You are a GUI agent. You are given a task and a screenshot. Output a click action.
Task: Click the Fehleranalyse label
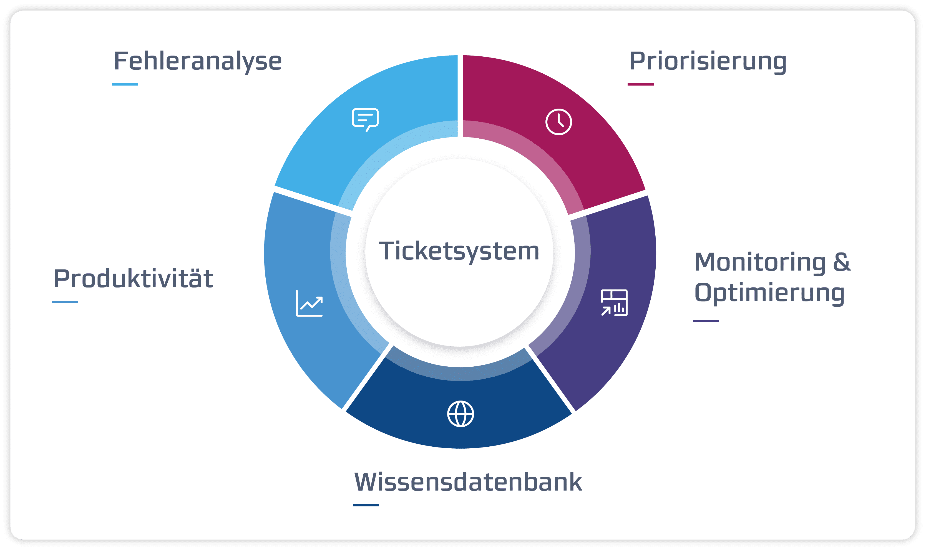[x=198, y=61]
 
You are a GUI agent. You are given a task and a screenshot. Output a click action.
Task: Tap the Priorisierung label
[x=708, y=61]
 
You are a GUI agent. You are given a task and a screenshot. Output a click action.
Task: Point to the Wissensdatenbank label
[x=468, y=482]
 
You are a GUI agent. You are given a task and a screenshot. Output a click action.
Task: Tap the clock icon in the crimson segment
[x=559, y=122]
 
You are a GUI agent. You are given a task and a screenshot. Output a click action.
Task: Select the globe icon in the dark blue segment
[x=461, y=414]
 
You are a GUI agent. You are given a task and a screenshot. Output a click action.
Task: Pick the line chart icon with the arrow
[x=309, y=304]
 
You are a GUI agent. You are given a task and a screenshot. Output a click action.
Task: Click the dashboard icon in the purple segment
[x=614, y=303]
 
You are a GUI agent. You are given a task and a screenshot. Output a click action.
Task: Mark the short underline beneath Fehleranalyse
[x=125, y=84]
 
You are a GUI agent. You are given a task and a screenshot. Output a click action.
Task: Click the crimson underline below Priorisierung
[x=641, y=84]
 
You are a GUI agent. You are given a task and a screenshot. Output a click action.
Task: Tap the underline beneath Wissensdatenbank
[x=366, y=505]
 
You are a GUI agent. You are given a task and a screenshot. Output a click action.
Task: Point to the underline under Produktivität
[x=65, y=302]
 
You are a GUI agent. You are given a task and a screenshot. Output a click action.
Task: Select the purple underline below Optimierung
[x=706, y=321]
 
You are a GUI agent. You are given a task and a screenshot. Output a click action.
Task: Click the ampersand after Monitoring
[x=842, y=262]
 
